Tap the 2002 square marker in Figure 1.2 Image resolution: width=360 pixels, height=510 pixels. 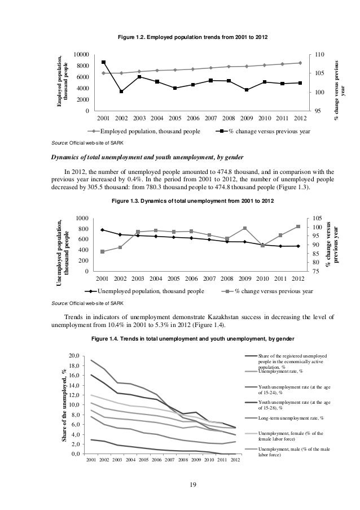pyautogui.click(x=121, y=91)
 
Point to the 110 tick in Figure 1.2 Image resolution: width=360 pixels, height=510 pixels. pyautogui.click(x=320, y=54)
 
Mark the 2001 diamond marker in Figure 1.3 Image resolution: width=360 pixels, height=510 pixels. pyautogui.click(x=102, y=230)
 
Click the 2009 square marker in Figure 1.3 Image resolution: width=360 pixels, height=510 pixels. pyautogui.click(x=245, y=228)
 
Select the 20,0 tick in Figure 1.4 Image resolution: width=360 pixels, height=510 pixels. pyautogui.click(x=74, y=356)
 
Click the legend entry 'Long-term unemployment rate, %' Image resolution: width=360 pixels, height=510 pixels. pyautogui.click(x=290, y=419)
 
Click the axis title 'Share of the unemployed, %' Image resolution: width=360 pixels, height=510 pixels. pyautogui.click(x=64, y=405)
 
